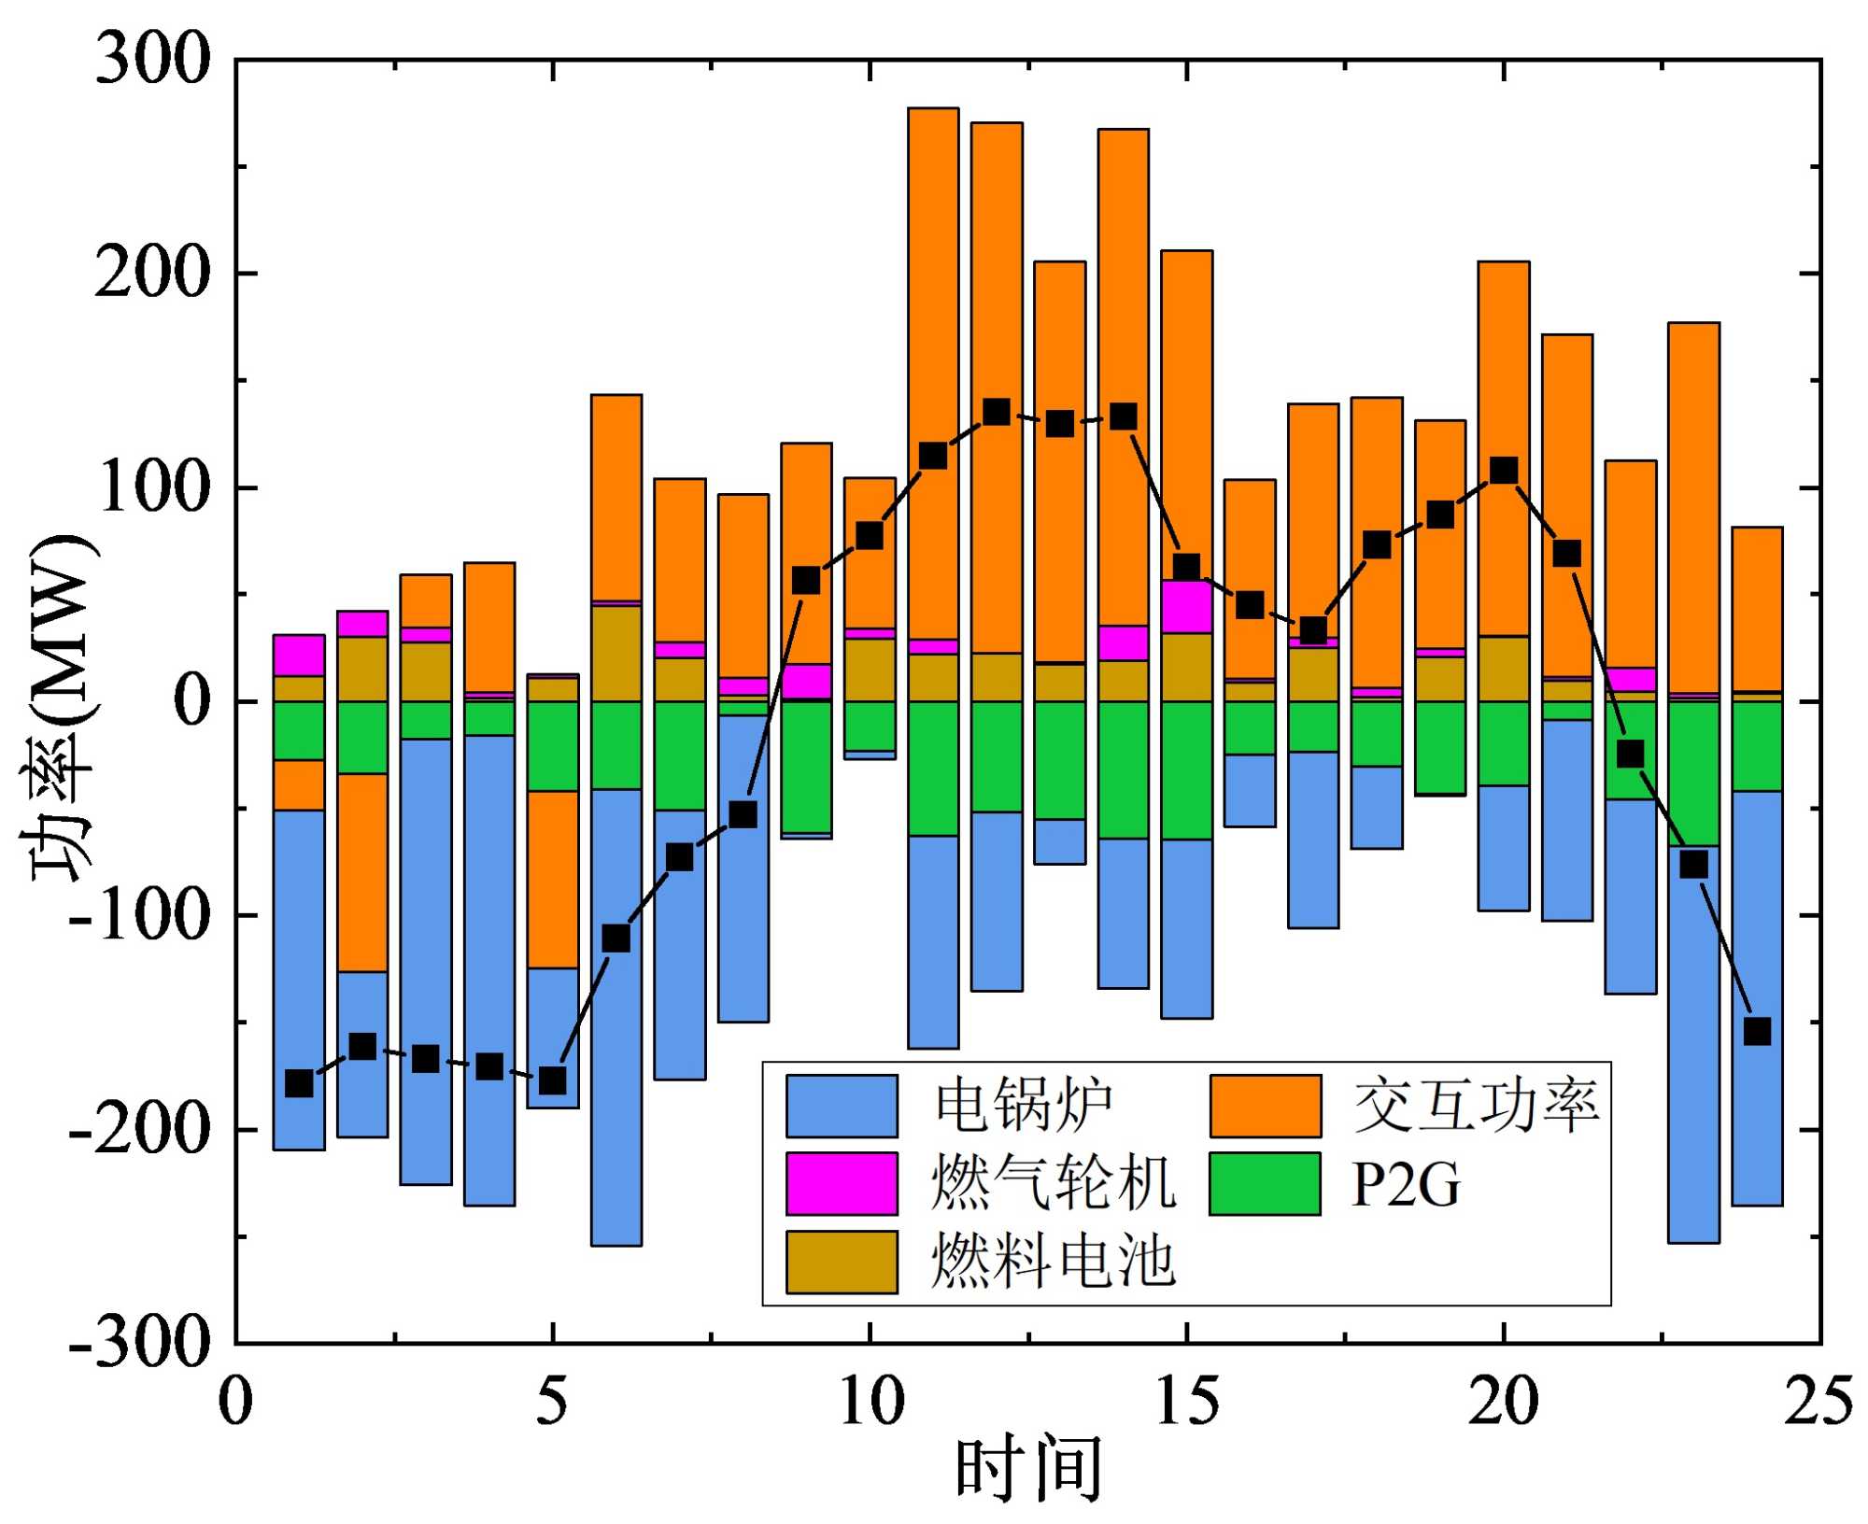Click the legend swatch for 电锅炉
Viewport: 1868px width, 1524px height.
click(x=841, y=1106)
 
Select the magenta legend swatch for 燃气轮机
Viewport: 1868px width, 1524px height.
click(x=841, y=1183)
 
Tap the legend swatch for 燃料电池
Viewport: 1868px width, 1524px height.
click(x=841, y=1262)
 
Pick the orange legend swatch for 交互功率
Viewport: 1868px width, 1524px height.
click(x=1265, y=1106)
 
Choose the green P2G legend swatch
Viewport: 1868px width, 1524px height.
click(x=1265, y=1183)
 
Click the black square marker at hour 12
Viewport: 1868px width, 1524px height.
click(x=997, y=412)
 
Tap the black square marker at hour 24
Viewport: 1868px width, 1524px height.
click(x=1757, y=1032)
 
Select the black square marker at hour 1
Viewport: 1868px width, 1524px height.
click(x=299, y=1083)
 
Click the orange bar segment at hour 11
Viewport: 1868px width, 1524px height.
click(x=933, y=280)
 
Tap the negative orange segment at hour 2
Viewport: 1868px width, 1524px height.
click(x=362, y=872)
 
